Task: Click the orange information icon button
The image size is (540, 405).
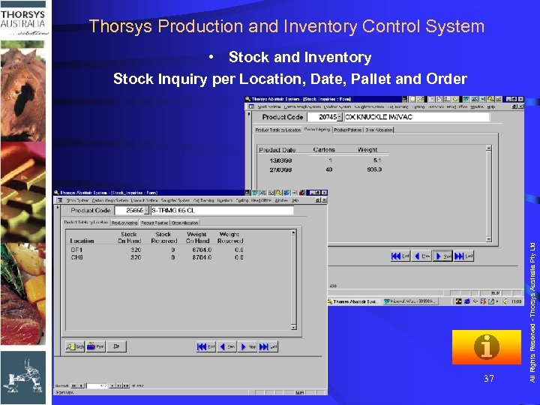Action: point(486,347)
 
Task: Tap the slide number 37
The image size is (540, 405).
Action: point(489,379)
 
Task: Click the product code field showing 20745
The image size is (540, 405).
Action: point(327,117)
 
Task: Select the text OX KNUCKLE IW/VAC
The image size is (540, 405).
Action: point(378,117)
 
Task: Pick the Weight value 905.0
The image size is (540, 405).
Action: point(373,169)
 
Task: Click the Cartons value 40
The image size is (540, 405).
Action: point(328,169)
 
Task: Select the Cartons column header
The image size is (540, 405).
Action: point(324,149)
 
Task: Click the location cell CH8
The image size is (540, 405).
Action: point(77,257)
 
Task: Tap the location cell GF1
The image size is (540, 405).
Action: point(77,250)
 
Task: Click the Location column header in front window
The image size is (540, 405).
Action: point(82,241)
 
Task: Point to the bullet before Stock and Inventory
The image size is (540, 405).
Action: point(214,58)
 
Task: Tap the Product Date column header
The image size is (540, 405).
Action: point(277,149)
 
